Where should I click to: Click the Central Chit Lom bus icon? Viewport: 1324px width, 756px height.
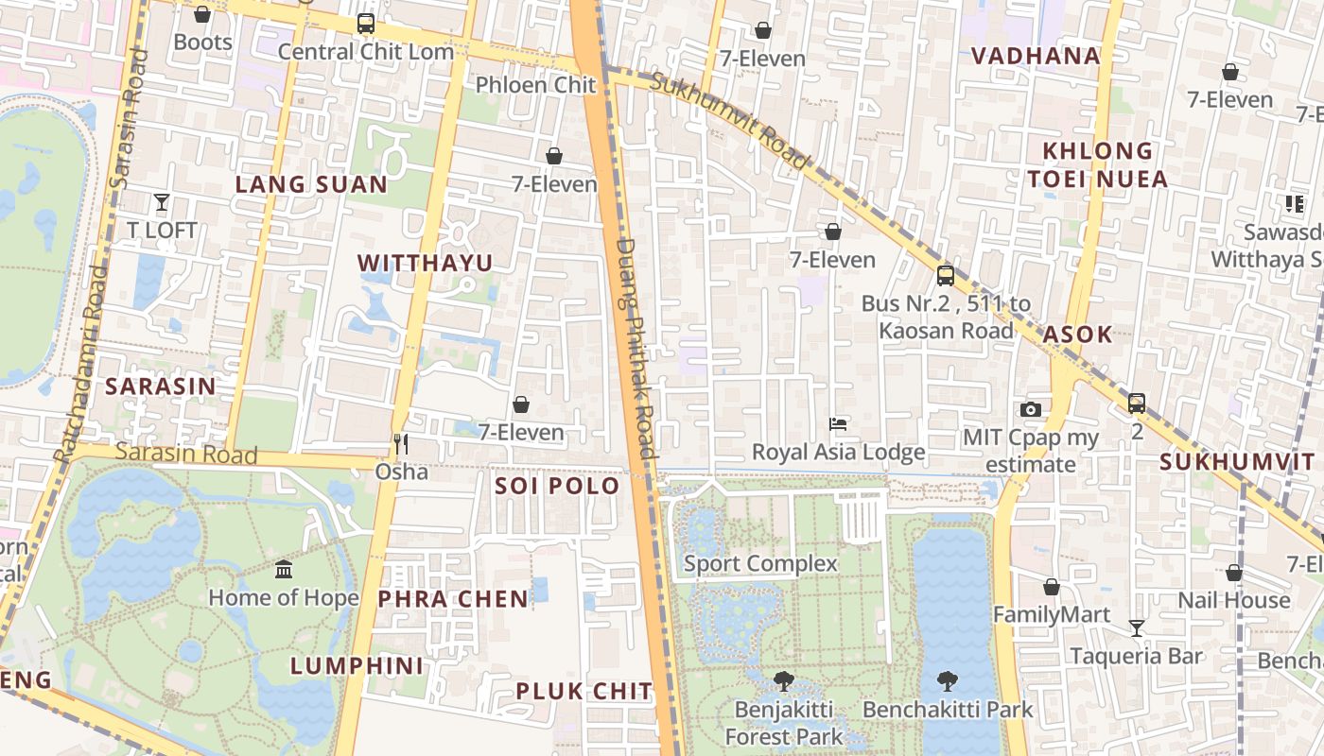pos(366,25)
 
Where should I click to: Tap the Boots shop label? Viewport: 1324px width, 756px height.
pos(202,43)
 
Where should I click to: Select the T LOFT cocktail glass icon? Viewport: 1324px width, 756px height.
pos(162,202)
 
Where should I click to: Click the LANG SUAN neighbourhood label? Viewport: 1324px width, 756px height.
pos(311,184)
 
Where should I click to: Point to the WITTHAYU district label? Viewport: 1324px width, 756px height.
pos(426,263)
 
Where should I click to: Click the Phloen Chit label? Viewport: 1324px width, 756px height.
pos(535,85)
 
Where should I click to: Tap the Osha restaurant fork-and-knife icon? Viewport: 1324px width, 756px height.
pos(401,444)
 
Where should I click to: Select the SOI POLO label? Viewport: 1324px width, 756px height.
pos(558,487)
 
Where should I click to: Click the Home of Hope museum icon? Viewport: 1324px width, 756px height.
pos(284,570)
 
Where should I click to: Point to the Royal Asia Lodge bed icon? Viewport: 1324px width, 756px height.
pos(838,424)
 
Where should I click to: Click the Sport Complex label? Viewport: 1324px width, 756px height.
pos(760,564)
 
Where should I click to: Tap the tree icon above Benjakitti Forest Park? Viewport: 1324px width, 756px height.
pos(783,681)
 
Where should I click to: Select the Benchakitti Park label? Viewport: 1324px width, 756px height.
pos(948,709)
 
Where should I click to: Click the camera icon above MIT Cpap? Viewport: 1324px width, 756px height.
pos(1031,410)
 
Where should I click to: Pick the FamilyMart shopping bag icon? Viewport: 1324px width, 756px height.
pos(1051,588)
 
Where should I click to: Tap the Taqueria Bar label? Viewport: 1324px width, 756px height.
pos(1136,656)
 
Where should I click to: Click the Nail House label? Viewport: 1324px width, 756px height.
pos(1233,600)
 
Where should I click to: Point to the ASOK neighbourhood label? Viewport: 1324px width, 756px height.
pos(1077,334)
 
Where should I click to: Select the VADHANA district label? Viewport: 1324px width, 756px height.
pos(1036,56)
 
